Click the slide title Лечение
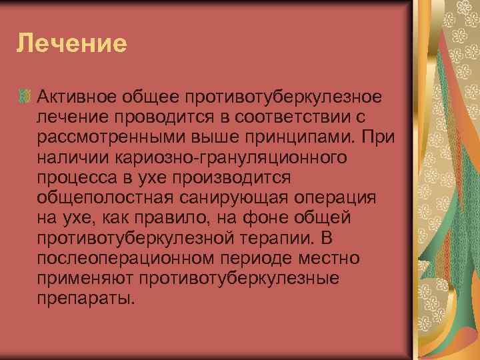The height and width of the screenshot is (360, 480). pyautogui.click(x=71, y=45)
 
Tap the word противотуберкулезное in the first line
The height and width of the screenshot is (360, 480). pyautogui.click(x=287, y=98)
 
